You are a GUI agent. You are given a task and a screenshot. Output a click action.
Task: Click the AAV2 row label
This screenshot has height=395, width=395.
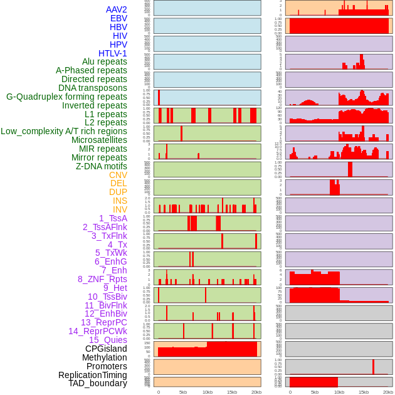click(116, 9)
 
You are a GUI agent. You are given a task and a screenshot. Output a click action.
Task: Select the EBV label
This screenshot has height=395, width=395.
click(118, 18)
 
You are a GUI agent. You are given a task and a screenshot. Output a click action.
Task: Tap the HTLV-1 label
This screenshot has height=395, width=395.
click(112, 53)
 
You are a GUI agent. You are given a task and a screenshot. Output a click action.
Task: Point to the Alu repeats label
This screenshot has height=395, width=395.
click(104, 61)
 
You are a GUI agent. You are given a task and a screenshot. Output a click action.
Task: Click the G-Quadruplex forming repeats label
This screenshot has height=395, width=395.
click(66, 97)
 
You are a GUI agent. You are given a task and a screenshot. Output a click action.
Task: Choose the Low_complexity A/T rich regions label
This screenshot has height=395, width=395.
click(64, 131)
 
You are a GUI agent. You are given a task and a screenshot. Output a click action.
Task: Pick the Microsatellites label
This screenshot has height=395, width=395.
click(99, 140)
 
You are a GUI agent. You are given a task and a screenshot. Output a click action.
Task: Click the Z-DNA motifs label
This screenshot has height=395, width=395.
click(102, 166)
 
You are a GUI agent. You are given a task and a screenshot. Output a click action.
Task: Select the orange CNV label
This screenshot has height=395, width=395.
click(118, 175)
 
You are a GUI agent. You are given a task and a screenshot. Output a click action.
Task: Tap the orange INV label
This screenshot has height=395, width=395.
click(120, 209)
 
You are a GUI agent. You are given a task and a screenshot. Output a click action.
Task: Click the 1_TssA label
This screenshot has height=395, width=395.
click(113, 218)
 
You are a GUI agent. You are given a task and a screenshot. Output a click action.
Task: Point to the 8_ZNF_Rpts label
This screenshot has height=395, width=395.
click(102, 279)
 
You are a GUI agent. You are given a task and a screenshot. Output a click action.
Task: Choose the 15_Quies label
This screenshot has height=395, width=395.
click(108, 340)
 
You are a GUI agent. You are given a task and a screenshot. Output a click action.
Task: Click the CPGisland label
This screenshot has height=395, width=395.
click(106, 349)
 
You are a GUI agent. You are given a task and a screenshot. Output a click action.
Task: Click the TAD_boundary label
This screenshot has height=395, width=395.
click(98, 383)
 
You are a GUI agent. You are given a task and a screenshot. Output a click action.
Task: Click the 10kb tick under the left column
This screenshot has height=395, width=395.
click(207, 392)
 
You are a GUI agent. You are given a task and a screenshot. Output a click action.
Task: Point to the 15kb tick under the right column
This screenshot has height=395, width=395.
click(363, 392)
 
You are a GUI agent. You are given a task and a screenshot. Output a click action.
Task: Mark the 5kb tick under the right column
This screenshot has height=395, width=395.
click(315, 392)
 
